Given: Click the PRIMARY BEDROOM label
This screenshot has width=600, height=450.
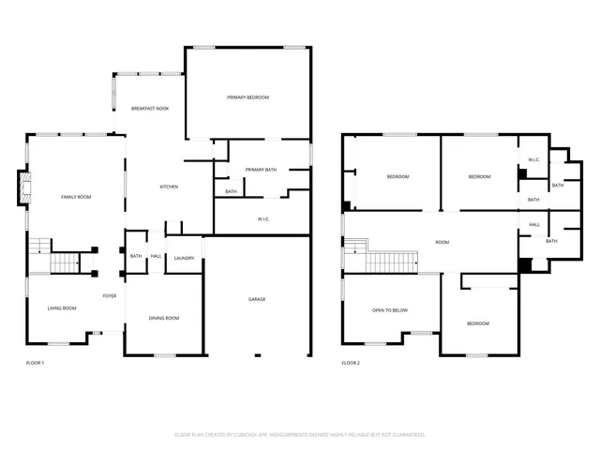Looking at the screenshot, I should pyautogui.click(x=247, y=97).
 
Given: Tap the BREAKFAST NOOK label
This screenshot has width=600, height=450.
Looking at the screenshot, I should pyautogui.click(x=149, y=109).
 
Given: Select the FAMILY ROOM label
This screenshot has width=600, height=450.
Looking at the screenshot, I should pyautogui.click(x=76, y=197).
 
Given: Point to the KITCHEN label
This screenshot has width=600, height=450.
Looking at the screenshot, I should pyautogui.click(x=169, y=187).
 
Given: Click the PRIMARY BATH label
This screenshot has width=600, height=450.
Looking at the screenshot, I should pyautogui.click(x=261, y=170).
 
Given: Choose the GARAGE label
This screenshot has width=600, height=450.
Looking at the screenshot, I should pyautogui.click(x=257, y=299).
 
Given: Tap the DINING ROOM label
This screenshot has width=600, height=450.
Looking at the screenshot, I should pyautogui.click(x=164, y=318).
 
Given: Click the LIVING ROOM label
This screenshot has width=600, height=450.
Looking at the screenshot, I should pyautogui.click(x=62, y=307).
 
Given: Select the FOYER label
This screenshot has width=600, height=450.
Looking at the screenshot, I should pyautogui.click(x=110, y=295).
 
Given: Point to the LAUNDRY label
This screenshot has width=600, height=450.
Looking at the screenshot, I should pyautogui.click(x=184, y=258).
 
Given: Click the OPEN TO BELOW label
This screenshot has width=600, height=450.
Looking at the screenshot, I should pyautogui.click(x=390, y=309).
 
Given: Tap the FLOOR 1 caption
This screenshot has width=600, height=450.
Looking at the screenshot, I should pyautogui.click(x=35, y=362).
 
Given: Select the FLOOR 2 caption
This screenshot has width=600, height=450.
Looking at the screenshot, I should pyautogui.click(x=351, y=362).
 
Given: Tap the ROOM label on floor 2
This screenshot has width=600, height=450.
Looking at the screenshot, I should pyautogui.click(x=442, y=242).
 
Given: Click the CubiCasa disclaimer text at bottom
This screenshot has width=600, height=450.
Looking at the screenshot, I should pyautogui.click(x=300, y=434).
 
